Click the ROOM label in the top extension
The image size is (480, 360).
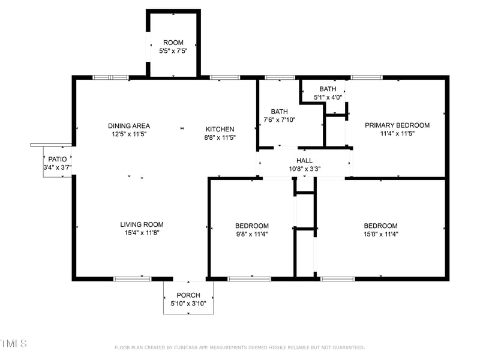(x=173, y=43)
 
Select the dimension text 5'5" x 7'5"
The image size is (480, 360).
(x=173, y=52)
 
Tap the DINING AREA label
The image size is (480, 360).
(x=129, y=126)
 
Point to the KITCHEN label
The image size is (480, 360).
(x=220, y=129)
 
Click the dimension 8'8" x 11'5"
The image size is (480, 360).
(x=220, y=137)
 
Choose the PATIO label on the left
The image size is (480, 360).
(x=58, y=159)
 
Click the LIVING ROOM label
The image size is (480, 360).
(x=142, y=224)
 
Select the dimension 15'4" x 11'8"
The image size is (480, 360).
(x=142, y=233)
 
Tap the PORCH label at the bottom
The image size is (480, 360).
(x=188, y=295)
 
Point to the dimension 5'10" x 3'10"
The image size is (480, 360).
(x=188, y=304)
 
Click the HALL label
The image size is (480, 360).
(x=304, y=161)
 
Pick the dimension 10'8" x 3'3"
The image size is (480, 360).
(x=304, y=169)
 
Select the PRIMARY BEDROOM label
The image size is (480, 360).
(x=397, y=125)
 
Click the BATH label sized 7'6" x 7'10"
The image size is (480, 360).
(x=279, y=112)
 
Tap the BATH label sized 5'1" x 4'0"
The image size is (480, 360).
(x=328, y=89)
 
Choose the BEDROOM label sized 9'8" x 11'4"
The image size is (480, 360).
(x=251, y=226)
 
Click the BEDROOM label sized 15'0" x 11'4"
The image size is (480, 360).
(x=380, y=226)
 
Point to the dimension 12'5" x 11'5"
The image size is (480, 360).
(x=129, y=134)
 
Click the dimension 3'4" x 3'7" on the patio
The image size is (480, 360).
(x=58, y=167)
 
